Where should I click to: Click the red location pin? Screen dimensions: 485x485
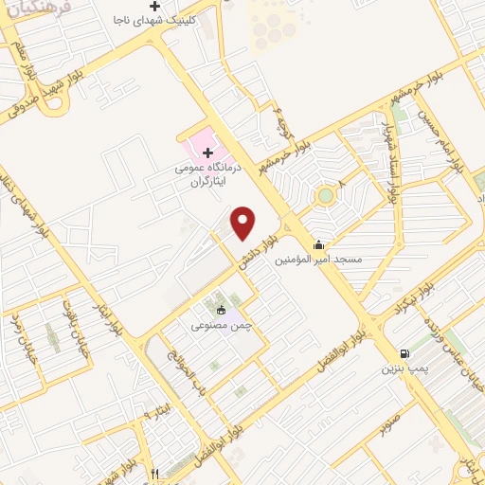(244, 223)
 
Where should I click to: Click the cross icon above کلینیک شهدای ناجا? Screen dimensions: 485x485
(156, 7)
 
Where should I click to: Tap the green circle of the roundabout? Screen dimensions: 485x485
(326, 196)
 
